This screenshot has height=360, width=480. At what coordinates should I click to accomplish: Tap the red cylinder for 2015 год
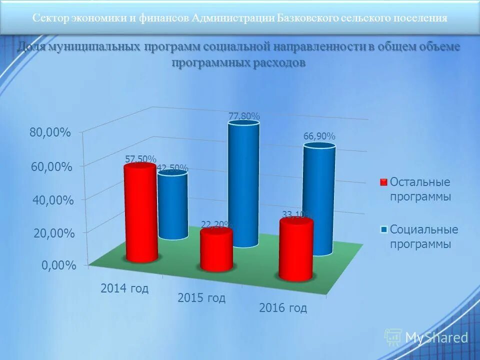216,250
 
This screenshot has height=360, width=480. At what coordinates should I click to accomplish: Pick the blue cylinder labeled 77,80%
243,185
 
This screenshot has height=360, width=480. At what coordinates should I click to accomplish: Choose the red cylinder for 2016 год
296,250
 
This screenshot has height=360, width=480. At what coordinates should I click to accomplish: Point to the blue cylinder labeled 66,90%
319,200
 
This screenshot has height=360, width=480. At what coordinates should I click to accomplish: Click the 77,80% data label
244,116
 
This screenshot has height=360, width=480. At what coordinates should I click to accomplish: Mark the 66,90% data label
319,136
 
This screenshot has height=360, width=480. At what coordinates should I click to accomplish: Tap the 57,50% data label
140,159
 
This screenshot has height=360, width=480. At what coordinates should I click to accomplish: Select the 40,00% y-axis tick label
52,200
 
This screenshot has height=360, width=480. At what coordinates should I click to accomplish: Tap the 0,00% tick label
58,265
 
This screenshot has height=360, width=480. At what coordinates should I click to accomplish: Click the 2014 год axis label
124,288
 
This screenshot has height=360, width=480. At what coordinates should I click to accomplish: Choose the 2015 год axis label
201,298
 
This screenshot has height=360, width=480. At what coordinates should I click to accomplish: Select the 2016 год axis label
282,307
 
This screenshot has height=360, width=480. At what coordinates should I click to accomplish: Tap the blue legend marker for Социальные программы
383,230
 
